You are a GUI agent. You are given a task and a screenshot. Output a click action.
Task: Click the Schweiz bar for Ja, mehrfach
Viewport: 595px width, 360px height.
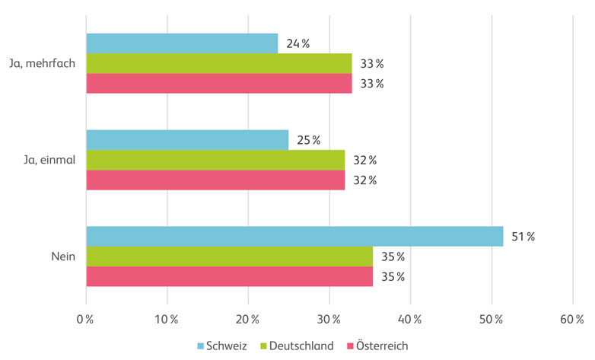click(182, 43)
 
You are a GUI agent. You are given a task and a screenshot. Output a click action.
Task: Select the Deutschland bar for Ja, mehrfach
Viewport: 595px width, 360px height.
click(219, 63)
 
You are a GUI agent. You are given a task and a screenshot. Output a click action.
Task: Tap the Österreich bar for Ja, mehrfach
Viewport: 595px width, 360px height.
click(219, 83)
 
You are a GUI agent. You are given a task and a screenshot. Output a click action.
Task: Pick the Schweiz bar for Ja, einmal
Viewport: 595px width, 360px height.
click(187, 140)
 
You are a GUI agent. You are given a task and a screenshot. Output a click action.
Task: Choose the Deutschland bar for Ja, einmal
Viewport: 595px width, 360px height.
click(215, 160)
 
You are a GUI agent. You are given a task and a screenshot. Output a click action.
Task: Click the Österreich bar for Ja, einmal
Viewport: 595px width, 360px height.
click(215, 180)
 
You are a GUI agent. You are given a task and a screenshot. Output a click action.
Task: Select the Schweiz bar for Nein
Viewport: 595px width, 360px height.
click(294, 236)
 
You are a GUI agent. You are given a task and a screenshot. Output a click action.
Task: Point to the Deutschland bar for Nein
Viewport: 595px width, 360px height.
click(229, 256)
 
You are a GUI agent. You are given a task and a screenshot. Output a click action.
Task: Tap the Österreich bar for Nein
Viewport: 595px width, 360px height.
click(229, 276)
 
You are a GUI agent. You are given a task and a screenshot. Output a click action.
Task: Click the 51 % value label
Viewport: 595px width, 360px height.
click(523, 237)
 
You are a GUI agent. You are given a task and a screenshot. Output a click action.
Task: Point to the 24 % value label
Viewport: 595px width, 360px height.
click(297, 43)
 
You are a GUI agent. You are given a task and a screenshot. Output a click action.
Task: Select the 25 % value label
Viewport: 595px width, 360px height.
click(308, 140)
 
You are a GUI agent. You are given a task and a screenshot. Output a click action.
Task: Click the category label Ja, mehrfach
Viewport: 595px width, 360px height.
click(42, 63)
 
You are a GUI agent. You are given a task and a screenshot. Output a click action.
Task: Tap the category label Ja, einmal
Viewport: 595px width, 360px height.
click(47, 160)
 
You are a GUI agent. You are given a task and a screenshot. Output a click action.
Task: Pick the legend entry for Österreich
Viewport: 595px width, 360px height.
click(377, 346)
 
